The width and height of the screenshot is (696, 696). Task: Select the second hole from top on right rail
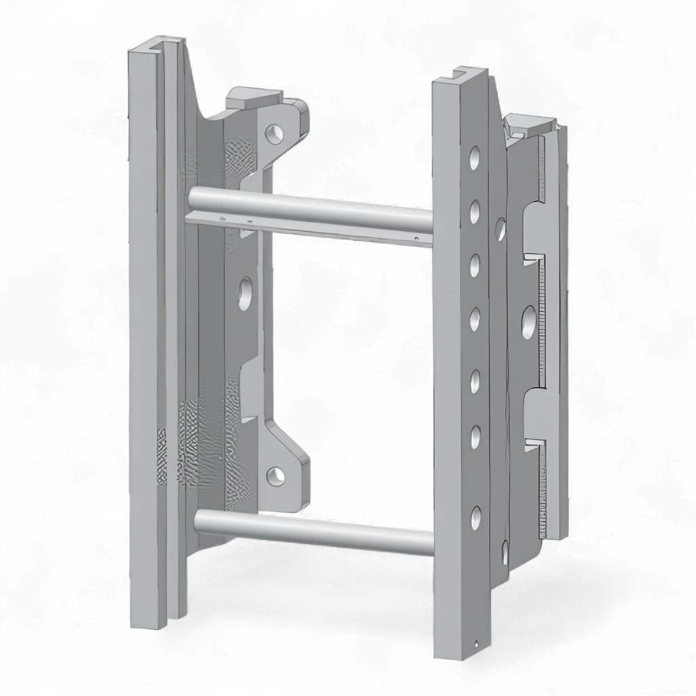click(475, 209)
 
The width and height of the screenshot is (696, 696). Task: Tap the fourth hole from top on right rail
click(475, 318)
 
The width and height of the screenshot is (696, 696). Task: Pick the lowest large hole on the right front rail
click(476, 516)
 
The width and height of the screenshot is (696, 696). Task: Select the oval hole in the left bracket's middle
click(246, 293)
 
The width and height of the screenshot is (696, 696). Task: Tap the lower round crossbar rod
click(313, 529)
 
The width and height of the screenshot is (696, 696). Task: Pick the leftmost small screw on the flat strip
click(221, 218)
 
